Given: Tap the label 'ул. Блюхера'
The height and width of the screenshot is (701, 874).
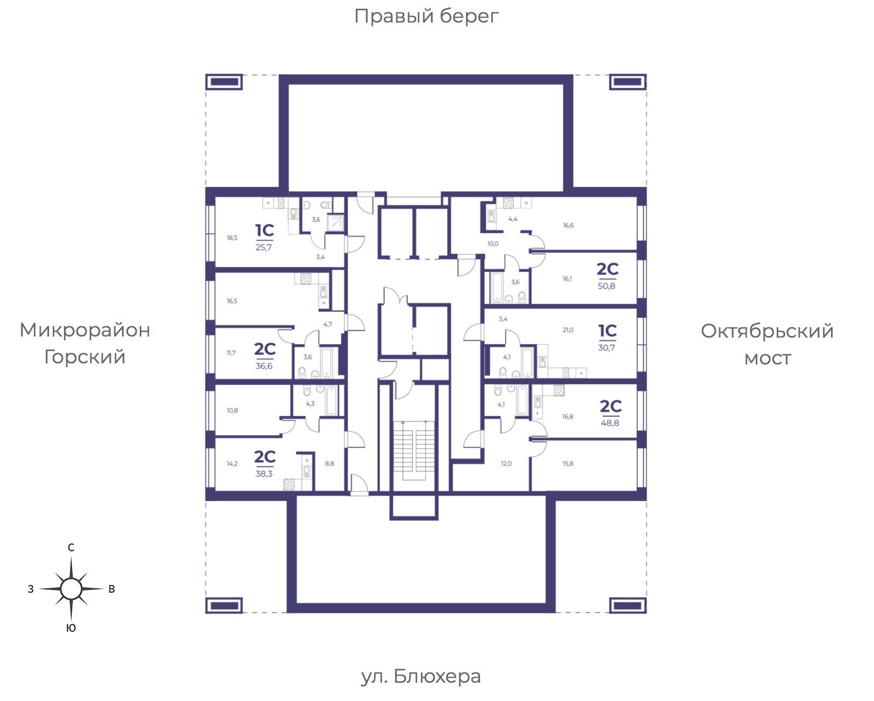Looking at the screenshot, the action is tap(421, 676).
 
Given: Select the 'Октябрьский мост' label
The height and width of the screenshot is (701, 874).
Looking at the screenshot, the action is tap(767, 345).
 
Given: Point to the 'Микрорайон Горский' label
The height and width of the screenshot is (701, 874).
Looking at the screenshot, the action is tap(85, 344).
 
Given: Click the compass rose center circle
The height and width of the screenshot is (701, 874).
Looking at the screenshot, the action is tap(71, 589).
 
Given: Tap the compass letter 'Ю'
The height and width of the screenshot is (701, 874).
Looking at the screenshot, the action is tap(71, 628).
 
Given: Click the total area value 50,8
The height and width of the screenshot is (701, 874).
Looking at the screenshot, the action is tap(606, 286).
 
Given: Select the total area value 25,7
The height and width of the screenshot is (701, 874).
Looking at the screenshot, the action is tap(263, 247).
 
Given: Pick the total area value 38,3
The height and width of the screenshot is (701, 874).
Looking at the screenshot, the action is tap(264, 474).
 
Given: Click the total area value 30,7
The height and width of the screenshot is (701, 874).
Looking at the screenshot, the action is tap(606, 348).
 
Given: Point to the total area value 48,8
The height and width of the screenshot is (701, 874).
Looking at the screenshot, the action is tap(610, 423).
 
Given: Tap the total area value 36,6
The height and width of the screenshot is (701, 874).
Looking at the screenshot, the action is tap(264, 366).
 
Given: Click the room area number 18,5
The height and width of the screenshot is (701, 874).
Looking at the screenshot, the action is tap(232, 238).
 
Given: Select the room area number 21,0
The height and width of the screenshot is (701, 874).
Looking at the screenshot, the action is tap(568, 330).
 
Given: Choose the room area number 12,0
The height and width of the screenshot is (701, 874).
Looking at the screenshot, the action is tap(506, 463).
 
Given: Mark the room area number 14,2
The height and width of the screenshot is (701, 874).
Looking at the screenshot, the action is tap(232, 463).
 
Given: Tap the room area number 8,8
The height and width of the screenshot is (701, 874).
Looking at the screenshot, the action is tap(329, 463).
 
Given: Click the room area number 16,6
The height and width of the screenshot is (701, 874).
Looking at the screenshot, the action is tap(568, 225).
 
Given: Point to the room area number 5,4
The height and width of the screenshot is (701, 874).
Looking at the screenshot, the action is tap(503, 319).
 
